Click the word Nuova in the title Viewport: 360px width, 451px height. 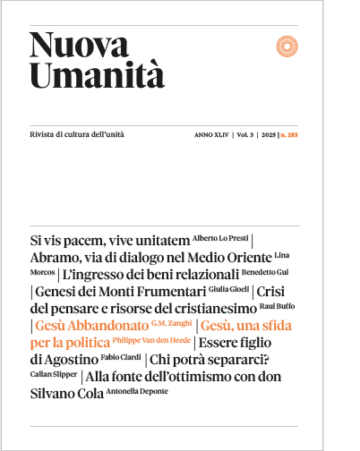click(x=70, y=45)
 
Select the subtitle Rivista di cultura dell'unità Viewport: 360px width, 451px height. click(x=77, y=133)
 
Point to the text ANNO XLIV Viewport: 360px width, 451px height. click(x=211, y=134)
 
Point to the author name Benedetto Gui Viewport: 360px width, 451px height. click(x=269, y=271)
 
